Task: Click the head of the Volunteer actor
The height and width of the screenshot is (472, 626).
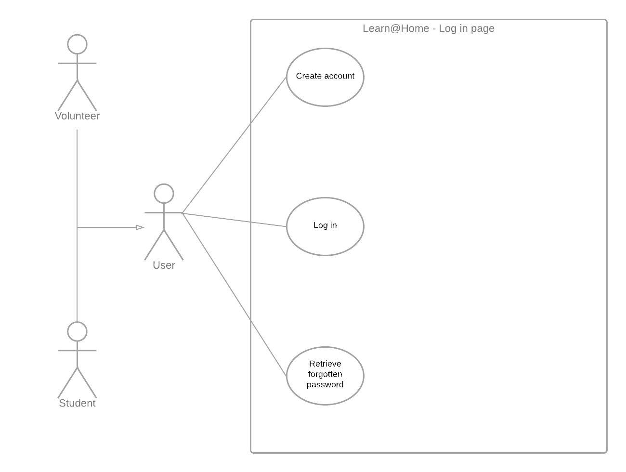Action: [78, 44]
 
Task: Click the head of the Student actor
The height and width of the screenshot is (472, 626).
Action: [78, 332]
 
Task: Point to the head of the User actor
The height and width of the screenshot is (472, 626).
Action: [164, 194]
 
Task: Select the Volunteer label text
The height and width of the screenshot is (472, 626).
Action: [77, 116]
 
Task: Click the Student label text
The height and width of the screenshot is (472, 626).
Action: [77, 404]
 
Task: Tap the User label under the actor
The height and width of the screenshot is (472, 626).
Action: [164, 265]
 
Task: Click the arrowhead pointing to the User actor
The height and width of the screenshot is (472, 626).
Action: [140, 227]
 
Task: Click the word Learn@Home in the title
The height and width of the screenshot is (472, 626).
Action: [396, 28]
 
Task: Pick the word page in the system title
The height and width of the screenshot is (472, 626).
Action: [483, 29]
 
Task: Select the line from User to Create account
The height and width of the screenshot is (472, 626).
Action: [235, 144]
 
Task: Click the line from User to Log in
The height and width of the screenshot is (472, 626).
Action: [235, 219]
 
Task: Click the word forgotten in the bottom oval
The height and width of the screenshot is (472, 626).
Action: [325, 374]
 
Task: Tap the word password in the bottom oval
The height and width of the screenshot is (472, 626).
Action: [325, 384]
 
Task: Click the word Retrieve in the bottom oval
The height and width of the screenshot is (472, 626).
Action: [325, 364]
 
